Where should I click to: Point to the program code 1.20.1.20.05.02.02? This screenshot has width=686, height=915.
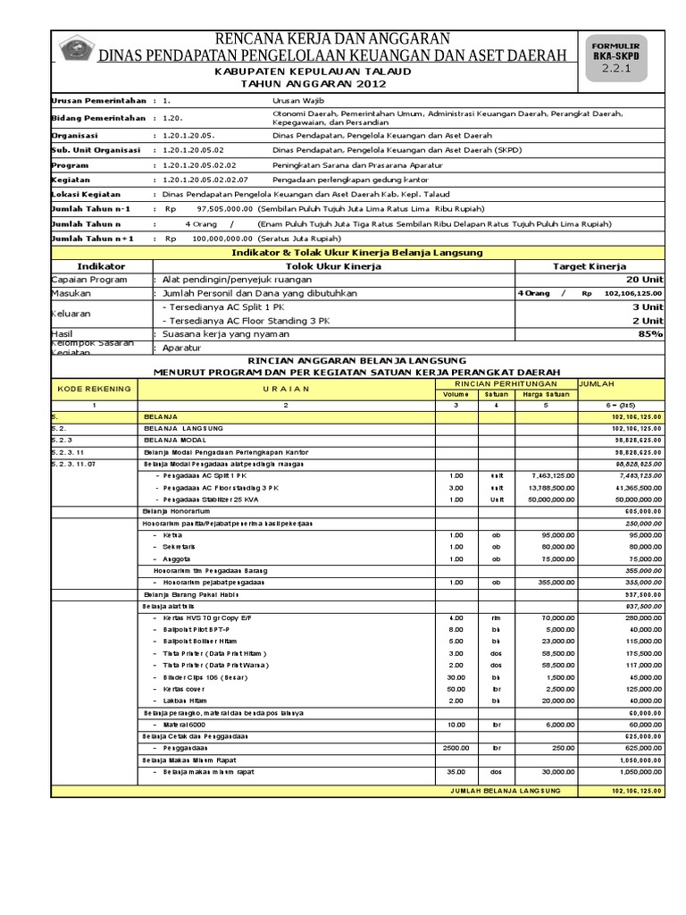coord(200,165)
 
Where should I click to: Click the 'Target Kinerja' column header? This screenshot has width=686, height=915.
coord(590,266)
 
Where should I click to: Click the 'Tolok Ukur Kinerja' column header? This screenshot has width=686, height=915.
coord(333,266)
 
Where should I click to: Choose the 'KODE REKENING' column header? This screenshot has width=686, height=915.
coord(94,389)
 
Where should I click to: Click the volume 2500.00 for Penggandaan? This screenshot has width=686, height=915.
coord(456,746)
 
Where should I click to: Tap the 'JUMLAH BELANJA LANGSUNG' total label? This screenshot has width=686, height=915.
coord(505,791)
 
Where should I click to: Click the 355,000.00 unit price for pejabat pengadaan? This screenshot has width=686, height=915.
coord(554,581)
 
